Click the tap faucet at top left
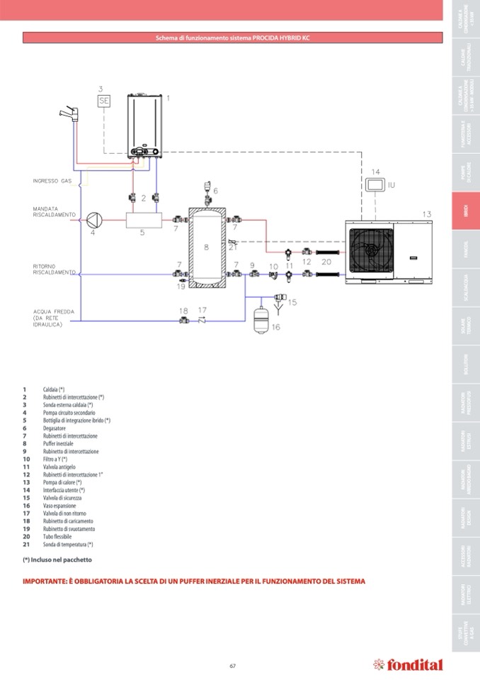(x=70, y=113)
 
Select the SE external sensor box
(x=104, y=101)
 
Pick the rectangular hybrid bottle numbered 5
(x=144, y=221)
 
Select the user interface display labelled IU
(x=375, y=184)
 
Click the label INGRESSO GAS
(x=52, y=181)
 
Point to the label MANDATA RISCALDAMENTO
(x=53, y=211)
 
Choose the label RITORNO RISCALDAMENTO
(x=54, y=269)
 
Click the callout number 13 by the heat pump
(x=426, y=213)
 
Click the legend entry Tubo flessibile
(x=57, y=537)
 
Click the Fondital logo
(x=408, y=664)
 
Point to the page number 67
(x=232, y=665)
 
